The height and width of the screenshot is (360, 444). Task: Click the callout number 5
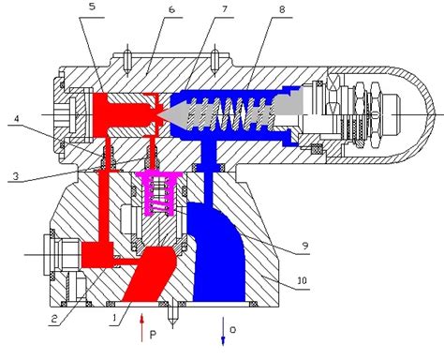(x=92, y=7)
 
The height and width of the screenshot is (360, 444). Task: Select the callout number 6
(x=171, y=9)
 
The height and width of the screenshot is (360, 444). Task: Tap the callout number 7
(x=225, y=9)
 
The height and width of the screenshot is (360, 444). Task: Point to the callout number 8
(x=282, y=9)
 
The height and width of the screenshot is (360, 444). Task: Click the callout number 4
(x=16, y=119)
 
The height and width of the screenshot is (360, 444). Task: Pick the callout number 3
(x=16, y=176)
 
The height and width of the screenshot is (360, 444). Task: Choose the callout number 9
(x=305, y=246)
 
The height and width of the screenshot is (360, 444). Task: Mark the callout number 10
(x=302, y=281)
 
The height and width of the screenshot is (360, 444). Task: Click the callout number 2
(x=54, y=319)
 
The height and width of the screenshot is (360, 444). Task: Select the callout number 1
(x=114, y=318)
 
